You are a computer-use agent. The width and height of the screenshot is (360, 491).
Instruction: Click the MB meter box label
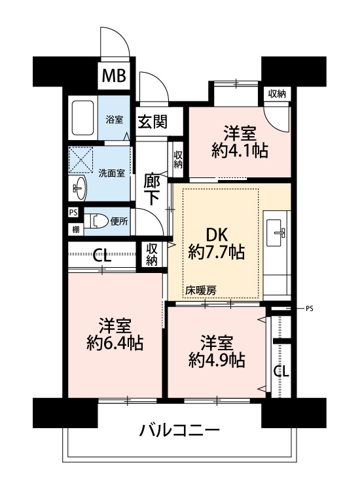[x=114, y=75]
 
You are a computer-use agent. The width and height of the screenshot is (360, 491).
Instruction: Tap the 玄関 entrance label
[x=153, y=122]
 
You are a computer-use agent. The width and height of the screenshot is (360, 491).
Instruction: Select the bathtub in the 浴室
[x=82, y=117]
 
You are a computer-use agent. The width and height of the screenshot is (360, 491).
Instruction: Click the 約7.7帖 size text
[x=216, y=253]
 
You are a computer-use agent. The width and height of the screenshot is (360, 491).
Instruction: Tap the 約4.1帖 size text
[x=240, y=151]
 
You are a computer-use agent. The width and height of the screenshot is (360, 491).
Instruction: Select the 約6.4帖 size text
[x=115, y=342]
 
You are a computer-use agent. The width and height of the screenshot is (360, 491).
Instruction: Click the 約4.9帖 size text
[x=217, y=360]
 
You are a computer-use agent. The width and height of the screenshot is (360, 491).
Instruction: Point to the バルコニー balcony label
[x=180, y=431]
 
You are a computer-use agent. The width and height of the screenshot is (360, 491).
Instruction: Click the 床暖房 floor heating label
[x=201, y=290]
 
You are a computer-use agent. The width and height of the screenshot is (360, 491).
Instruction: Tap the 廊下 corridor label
[x=152, y=189]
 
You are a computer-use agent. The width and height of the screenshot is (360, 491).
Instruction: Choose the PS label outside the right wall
[x=310, y=309]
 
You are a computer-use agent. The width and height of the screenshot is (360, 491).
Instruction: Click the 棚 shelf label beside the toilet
[x=76, y=230]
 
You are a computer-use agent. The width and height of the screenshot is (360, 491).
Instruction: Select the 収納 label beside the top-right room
[x=277, y=94]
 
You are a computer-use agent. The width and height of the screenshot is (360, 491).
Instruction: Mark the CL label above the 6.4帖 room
[x=102, y=257]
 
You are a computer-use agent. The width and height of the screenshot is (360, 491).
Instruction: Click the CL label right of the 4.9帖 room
[x=281, y=371]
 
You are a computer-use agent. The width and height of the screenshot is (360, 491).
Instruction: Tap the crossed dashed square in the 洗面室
[x=81, y=160]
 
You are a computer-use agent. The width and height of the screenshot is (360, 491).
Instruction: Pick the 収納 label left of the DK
[x=152, y=255]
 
